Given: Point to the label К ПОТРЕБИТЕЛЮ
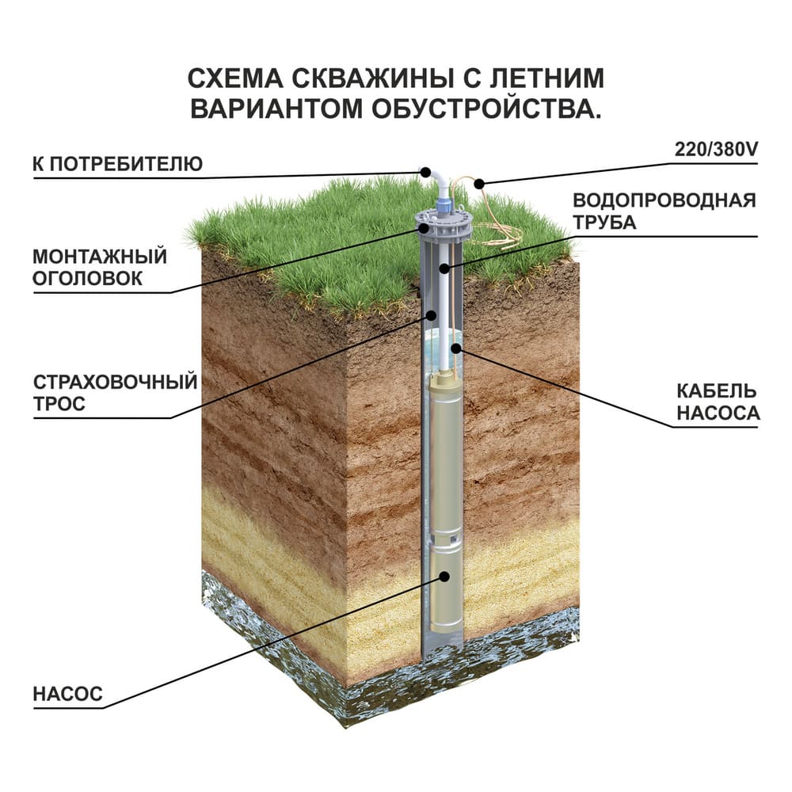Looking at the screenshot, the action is tap(117, 164).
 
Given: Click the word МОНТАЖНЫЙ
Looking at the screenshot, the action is tap(100, 257).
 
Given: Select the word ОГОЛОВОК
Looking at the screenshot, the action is tap(87, 278).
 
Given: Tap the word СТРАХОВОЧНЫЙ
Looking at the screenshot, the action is tap(115, 383).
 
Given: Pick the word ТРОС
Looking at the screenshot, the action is tap(59, 404).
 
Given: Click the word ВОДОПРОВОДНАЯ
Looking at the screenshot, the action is tap(664, 200).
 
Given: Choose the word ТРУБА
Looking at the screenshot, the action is tap(604, 222).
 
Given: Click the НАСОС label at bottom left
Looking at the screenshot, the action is tap(68, 695).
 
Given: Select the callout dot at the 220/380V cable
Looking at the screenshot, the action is tap(478, 183).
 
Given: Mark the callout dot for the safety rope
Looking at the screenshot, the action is tap(432, 314).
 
